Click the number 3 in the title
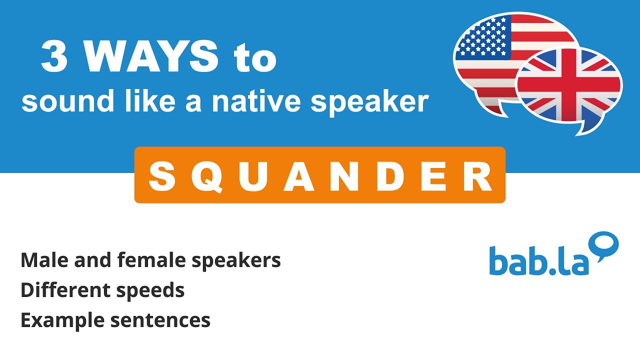coord(54,57)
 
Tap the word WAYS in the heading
coord(150,57)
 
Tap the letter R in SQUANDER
coord(477,176)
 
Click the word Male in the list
coord(42,260)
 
